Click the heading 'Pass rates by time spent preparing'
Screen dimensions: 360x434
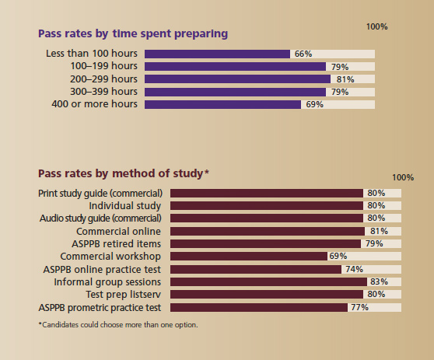pyautogui.click(x=133, y=34)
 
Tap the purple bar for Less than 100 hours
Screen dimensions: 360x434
pyautogui.click(x=217, y=54)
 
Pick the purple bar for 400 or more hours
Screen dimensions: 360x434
pyautogui.click(x=222, y=104)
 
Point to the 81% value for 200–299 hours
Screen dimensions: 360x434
pyautogui.click(x=345, y=79)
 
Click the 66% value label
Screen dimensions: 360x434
pyautogui.click(x=303, y=54)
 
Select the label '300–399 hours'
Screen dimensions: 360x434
pyautogui.click(x=104, y=92)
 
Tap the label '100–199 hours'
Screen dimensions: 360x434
pyautogui.click(x=104, y=67)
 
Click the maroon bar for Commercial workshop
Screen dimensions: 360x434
pyautogui.click(x=249, y=256)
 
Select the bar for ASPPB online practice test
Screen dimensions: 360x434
pyautogui.click(x=256, y=269)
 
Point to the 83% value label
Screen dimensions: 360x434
pyautogui.click(x=380, y=281)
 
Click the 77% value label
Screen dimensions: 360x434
pyautogui.click(x=359, y=307)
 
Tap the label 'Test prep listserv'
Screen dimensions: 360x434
pyautogui.click(x=124, y=295)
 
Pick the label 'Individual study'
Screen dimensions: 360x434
pyautogui.click(x=125, y=205)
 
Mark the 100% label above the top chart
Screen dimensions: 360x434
pyautogui.click(x=376, y=26)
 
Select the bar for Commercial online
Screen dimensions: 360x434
pyautogui.click(x=268, y=231)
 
